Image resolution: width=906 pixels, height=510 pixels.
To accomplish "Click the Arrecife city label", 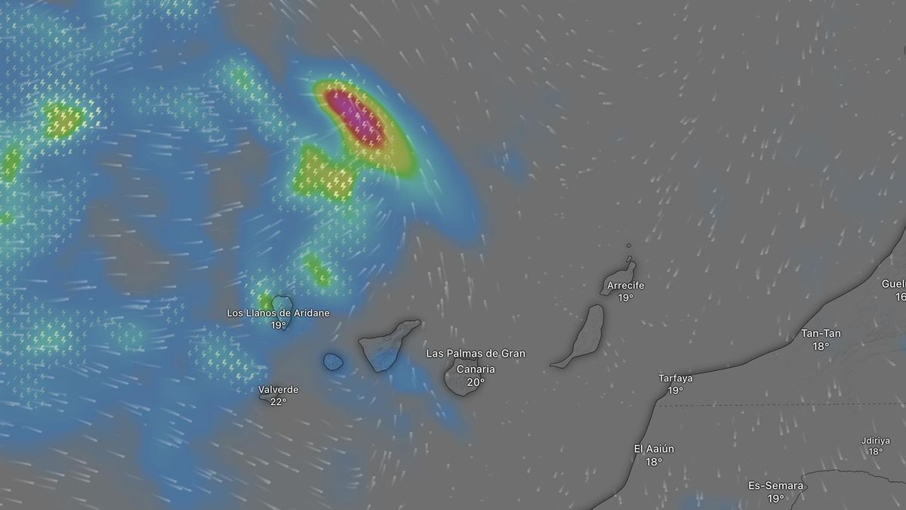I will (x=625, y=286).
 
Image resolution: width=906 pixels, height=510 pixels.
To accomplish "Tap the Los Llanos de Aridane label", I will (x=278, y=313).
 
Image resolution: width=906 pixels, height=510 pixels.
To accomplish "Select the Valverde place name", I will (x=278, y=390).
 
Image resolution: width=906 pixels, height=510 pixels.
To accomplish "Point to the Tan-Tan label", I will (x=821, y=333).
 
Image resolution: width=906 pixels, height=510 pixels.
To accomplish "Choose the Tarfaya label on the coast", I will (x=675, y=379).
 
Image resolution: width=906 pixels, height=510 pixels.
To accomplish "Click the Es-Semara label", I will (x=775, y=486).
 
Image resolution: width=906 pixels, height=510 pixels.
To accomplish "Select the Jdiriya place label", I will (x=875, y=440).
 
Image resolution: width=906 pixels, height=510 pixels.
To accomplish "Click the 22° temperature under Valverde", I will (x=278, y=402).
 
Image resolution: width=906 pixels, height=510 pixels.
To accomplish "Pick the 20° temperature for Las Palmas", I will (x=476, y=382).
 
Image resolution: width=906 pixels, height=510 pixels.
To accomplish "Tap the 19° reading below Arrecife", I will (x=625, y=298).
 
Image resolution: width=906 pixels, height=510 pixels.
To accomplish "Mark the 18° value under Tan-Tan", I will (x=821, y=346).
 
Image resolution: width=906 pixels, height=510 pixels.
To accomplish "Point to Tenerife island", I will (x=385, y=344).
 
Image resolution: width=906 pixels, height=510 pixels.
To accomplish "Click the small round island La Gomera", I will (x=333, y=362).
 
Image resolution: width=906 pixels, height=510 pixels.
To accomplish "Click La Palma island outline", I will (x=282, y=302).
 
